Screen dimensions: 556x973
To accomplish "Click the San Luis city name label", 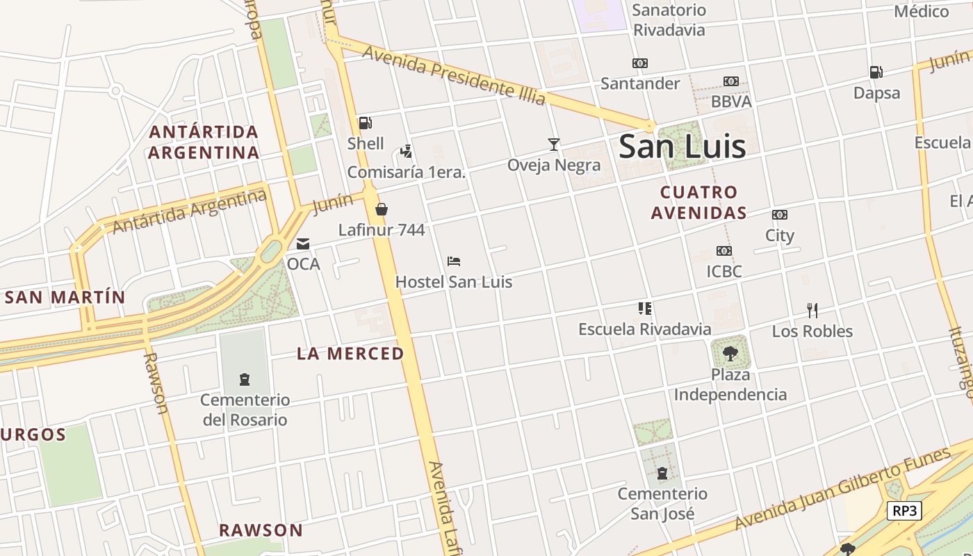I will coord(682,147).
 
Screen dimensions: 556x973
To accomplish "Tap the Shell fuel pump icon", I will coord(365,123).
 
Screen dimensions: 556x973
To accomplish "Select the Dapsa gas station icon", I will coord(876,72).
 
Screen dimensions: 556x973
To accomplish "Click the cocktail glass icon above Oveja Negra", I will coord(553,145).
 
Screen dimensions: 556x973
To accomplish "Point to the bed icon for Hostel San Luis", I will coord(454,261).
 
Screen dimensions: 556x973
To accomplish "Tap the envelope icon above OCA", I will coord(303,244).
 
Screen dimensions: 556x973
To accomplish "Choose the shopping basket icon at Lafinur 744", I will coord(381,209).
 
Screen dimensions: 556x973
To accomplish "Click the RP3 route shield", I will coord(904,511).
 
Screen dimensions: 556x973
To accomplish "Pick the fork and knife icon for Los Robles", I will coord(812,310).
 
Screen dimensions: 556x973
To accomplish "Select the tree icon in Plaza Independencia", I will coord(730,354).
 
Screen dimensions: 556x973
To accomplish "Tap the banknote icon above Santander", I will coord(639,63).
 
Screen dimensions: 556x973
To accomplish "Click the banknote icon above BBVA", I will coord(730,81).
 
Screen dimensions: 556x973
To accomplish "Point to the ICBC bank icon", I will coord(723,251).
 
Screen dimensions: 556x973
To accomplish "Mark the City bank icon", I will coord(779,215).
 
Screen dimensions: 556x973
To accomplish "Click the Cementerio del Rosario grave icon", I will coord(245,379).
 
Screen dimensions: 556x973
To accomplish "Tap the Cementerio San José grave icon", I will coord(662,474).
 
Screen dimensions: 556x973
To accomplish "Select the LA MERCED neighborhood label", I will coord(350,353).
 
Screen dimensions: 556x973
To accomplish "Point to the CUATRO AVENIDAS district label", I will coord(698,202).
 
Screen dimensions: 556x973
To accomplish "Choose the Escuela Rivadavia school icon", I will coord(644,308).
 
